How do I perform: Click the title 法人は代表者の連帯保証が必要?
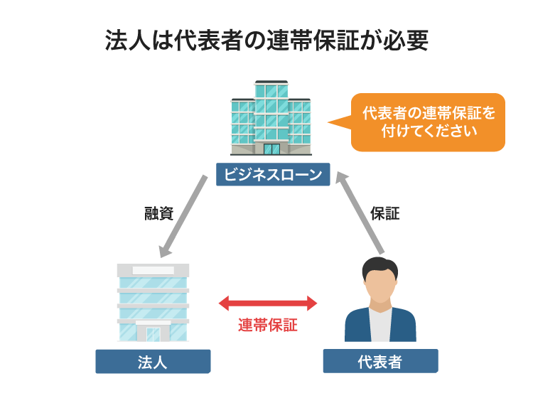[x=266, y=41]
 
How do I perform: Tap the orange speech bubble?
[x=428, y=122]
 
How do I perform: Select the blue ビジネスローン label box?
[x=273, y=174]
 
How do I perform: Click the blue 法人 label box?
[x=153, y=362]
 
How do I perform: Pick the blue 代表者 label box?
[x=380, y=361]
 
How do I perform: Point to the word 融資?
[x=158, y=213]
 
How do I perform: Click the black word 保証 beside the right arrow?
[x=385, y=213]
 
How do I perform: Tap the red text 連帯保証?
[x=267, y=326]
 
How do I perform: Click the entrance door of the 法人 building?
[x=153, y=333]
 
